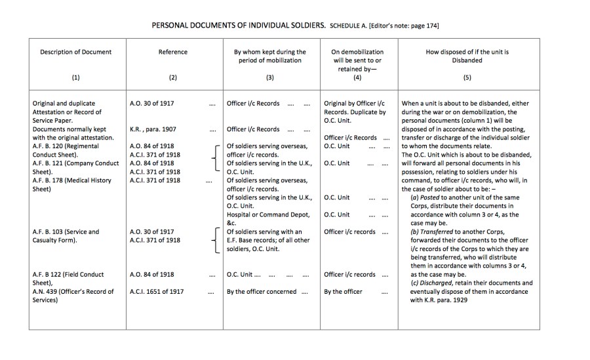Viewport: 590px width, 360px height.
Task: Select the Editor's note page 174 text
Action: point(404,26)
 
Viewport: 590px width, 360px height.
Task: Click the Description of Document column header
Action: point(76,52)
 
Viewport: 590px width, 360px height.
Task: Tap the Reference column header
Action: point(173,52)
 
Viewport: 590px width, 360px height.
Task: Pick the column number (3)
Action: point(269,77)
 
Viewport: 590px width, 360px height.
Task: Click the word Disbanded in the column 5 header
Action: point(467,60)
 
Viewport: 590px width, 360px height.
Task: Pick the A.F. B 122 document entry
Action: point(68,274)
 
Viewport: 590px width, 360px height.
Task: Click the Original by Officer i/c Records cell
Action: point(355,104)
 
